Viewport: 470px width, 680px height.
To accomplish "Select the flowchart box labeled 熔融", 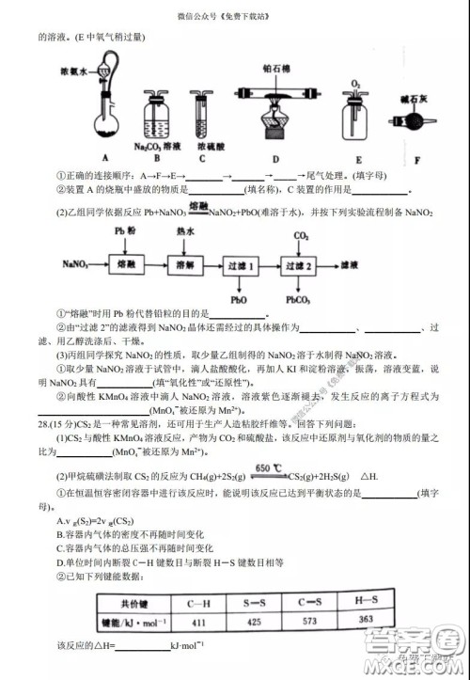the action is coord(131,268).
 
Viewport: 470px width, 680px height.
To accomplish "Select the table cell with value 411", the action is coord(197,621).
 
